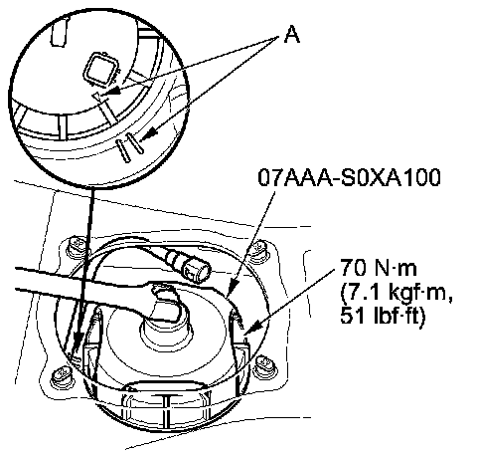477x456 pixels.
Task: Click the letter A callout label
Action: pos(292,35)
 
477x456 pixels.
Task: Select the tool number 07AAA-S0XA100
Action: pos(349,177)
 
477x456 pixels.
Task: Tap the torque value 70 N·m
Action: pos(379,268)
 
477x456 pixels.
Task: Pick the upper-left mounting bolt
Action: pos(76,247)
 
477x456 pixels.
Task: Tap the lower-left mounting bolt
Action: pos(62,376)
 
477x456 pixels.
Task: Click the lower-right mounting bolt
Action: pos(265,366)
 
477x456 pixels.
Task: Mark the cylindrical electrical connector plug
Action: pos(196,270)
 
